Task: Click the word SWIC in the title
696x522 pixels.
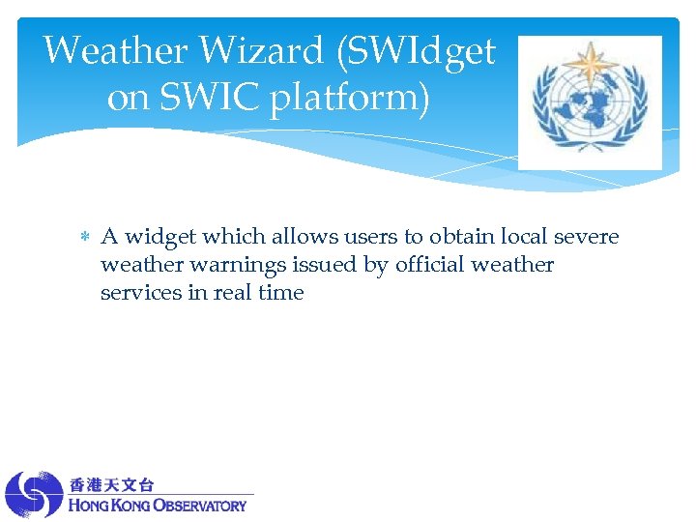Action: [207, 98]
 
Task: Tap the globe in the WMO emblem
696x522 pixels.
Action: [590, 106]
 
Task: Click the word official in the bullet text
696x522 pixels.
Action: [429, 265]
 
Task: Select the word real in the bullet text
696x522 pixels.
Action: [232, 293]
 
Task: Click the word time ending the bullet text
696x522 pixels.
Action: [282, 293]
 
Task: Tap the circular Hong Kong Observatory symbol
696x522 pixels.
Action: [34, 494]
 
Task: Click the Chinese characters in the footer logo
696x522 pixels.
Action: [111, 484]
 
